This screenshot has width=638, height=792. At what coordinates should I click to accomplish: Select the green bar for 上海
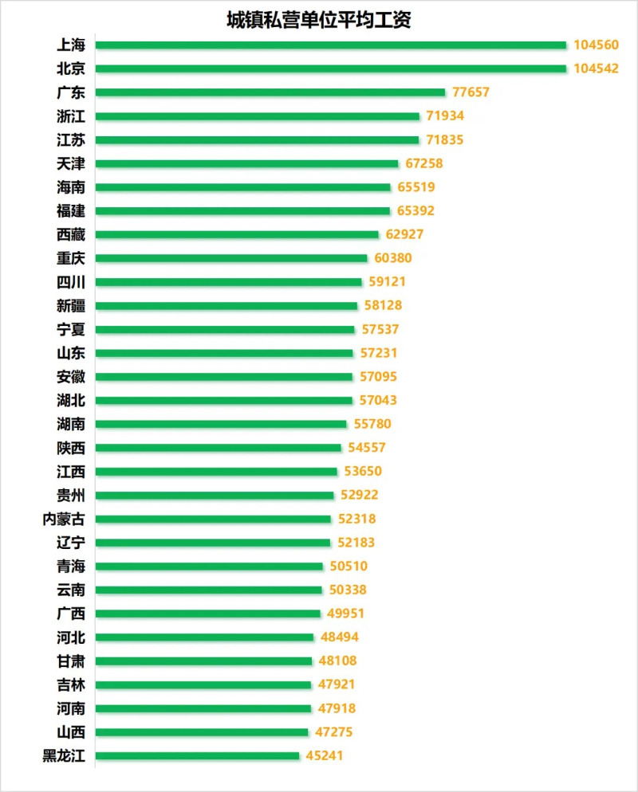tap(330, 45)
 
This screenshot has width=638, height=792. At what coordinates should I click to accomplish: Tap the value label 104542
tap(596, 69)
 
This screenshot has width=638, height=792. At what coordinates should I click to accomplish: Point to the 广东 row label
tap(71, 92)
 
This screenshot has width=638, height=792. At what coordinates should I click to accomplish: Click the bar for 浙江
tap(258, 116)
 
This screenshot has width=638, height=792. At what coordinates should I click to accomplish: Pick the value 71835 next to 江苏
tap(444, 140)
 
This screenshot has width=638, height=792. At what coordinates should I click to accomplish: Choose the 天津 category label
tap(71, 164)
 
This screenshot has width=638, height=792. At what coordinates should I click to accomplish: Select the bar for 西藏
tap(237, 235)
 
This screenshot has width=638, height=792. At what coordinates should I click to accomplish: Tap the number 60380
tap(393, 258)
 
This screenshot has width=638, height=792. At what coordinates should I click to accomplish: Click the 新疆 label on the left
tap(71, 306)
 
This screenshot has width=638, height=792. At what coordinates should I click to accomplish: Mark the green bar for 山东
tap(224, 353)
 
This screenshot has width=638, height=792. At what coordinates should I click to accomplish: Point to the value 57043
tap(377, 400)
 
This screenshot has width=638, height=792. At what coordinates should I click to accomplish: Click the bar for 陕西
tap(219, 448)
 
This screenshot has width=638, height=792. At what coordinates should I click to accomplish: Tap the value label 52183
tap(356, 543)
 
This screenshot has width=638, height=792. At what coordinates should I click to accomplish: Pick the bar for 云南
tap(209, 590)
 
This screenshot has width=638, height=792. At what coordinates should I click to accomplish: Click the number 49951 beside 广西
tap(346, 614)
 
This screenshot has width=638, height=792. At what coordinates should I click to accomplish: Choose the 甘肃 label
tap(71, 661)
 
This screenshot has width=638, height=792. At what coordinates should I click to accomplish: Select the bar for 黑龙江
tap(197, 756)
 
